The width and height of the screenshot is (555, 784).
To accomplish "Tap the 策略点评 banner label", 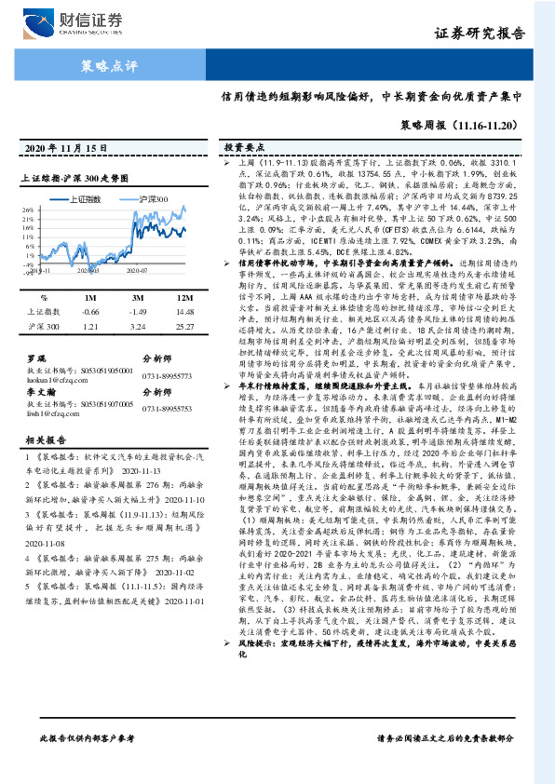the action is click(111, 66).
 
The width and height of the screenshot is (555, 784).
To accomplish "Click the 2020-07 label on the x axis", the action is click(138, 271).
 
